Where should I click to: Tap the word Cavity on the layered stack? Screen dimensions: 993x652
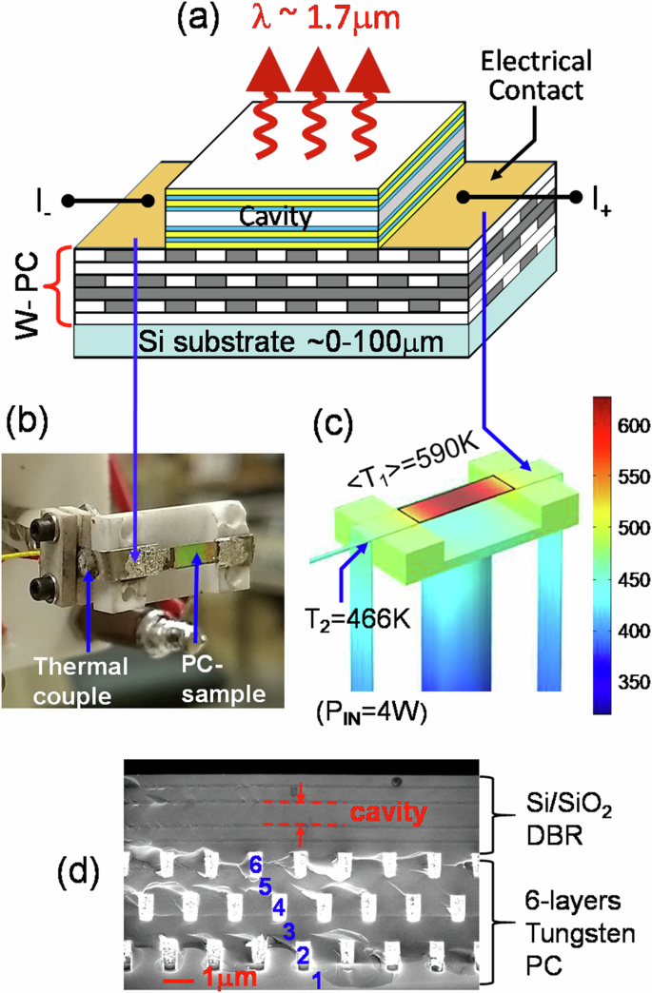click(x=276, y=217)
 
